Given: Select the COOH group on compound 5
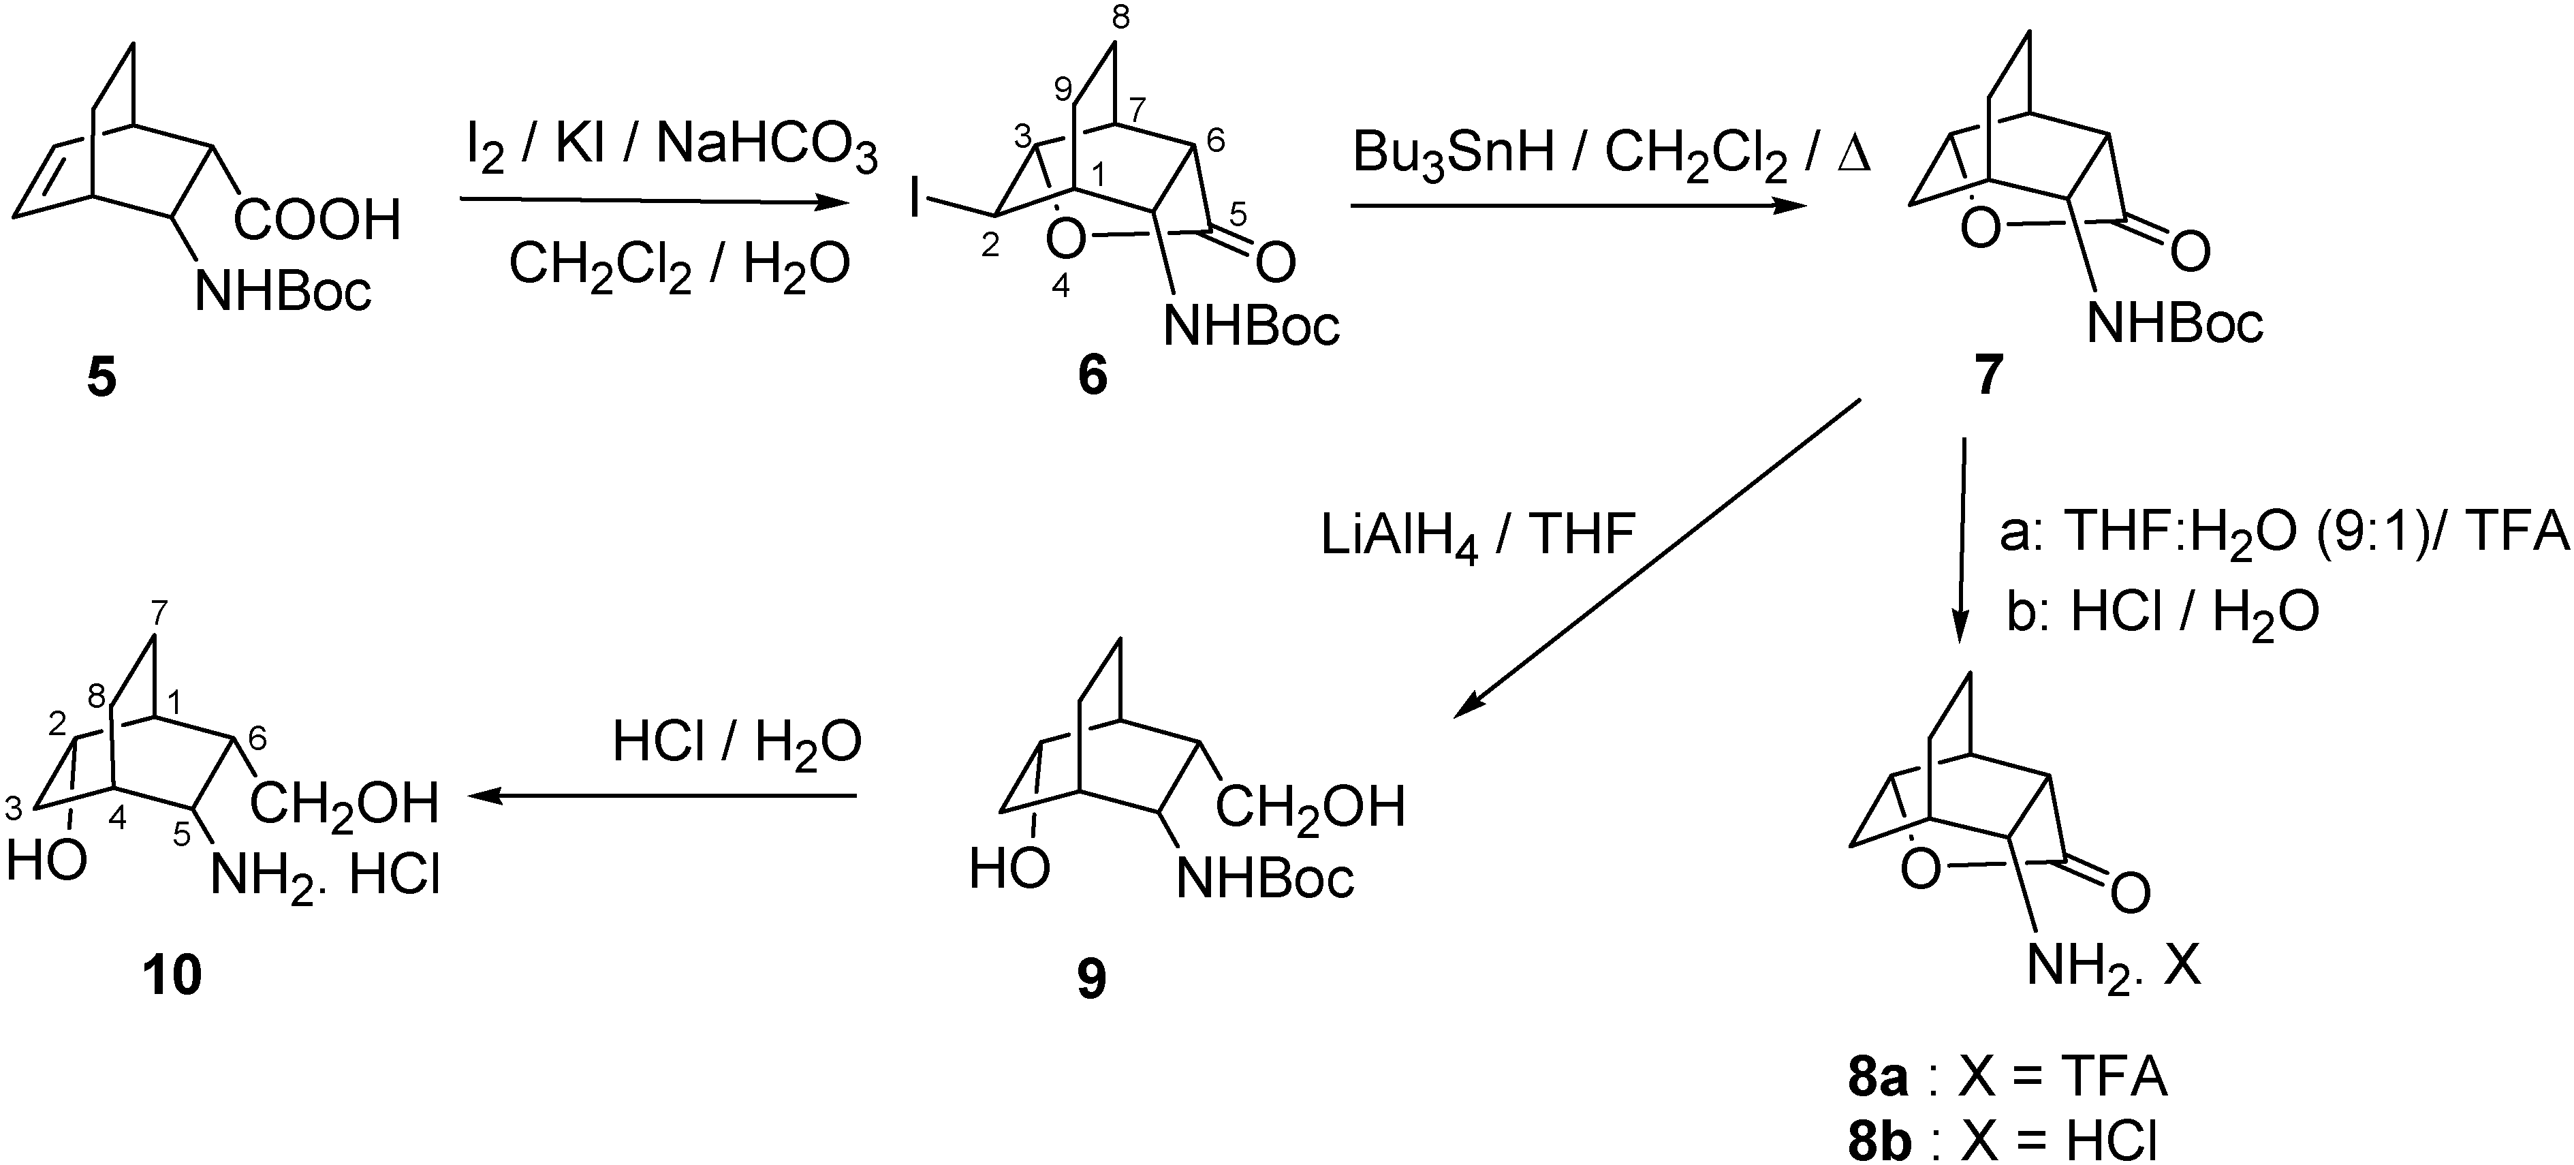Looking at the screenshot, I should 318,220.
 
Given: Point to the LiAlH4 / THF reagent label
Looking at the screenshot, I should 1477,537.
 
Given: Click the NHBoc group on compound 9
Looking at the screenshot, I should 1265,880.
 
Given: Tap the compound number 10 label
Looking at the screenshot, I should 172,974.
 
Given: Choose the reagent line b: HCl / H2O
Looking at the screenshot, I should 2163,612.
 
